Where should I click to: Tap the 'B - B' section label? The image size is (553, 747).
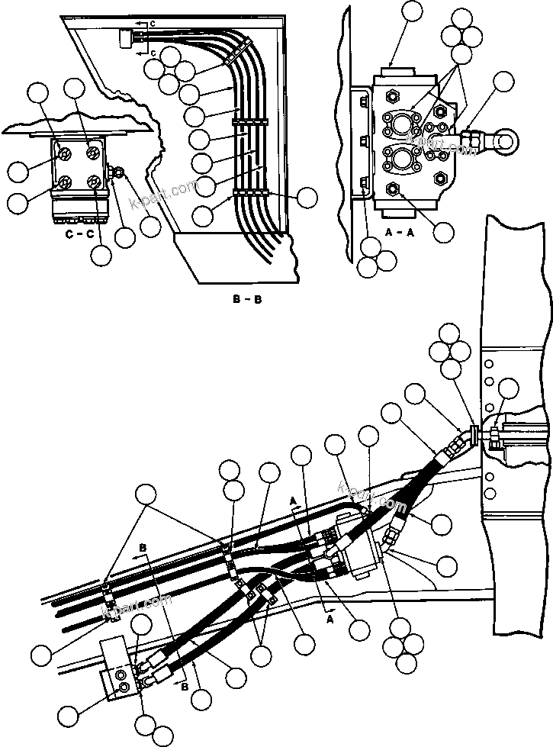point(248,299)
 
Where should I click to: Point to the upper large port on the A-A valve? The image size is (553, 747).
point(403,123)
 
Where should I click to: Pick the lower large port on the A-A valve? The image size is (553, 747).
point(403,162)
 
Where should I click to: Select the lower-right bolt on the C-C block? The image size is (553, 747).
point(93,183)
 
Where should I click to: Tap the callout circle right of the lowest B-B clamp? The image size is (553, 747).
point(307,197)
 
